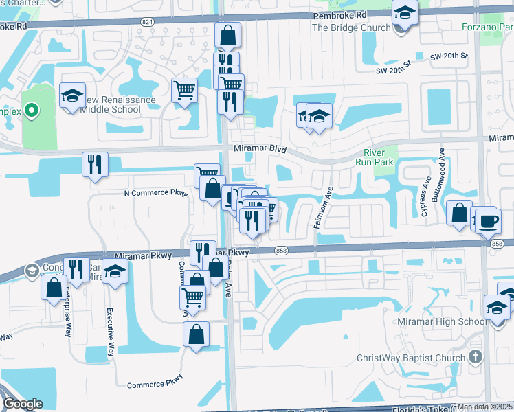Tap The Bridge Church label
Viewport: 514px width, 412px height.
coord(351,28)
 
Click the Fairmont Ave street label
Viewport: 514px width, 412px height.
coord(323,210)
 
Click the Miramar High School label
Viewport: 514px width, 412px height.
coord(443,322)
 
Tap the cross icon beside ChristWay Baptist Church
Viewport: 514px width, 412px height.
coord(475,357)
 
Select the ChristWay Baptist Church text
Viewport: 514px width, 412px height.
coord(411,358)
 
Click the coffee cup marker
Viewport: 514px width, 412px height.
coord(489,221)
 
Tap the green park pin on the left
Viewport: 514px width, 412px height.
coord(30,110)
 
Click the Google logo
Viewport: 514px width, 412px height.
coord(23,404)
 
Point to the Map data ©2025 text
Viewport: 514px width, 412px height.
coord(485,407)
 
